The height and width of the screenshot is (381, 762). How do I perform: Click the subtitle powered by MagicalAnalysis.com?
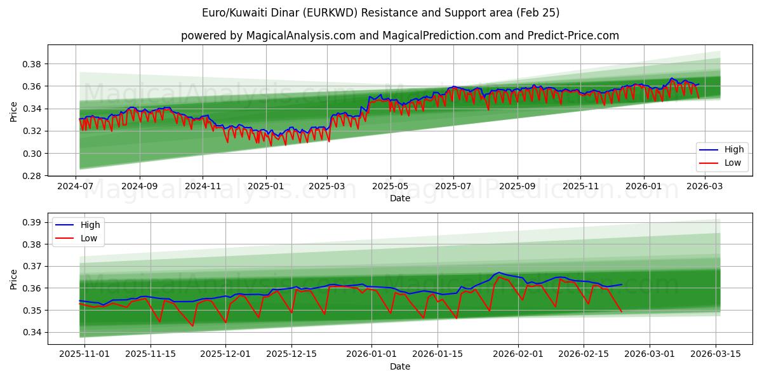pos(399,36)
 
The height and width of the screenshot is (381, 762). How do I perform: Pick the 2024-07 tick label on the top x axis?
pos(76,187)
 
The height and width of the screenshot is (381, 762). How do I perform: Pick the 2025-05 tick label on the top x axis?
pos(390,187)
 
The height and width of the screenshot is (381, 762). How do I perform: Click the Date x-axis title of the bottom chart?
pos(400,366)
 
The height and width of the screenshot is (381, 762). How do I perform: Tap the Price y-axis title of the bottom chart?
pos(14,279)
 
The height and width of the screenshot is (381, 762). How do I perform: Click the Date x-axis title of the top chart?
pos(400,198)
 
